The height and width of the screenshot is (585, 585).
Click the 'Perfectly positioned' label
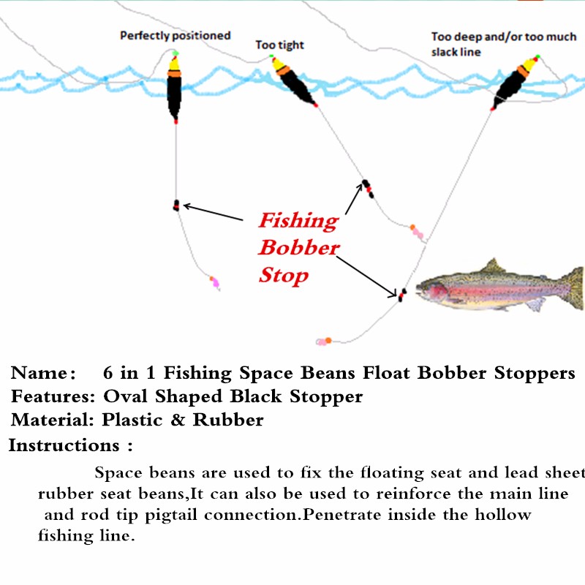click(175, 35)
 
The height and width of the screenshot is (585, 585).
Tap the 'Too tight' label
click(279, 45)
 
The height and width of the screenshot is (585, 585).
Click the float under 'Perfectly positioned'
click(174, 88)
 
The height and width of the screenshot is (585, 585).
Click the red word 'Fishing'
click(298, 220)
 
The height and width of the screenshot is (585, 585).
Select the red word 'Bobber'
click(299, 247)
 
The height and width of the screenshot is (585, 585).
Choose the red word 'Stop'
click(284, 275)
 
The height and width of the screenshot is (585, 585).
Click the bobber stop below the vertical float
click(175, 205)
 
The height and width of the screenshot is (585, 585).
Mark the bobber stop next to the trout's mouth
click(401, 294)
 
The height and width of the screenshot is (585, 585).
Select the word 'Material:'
click(53, 420)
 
